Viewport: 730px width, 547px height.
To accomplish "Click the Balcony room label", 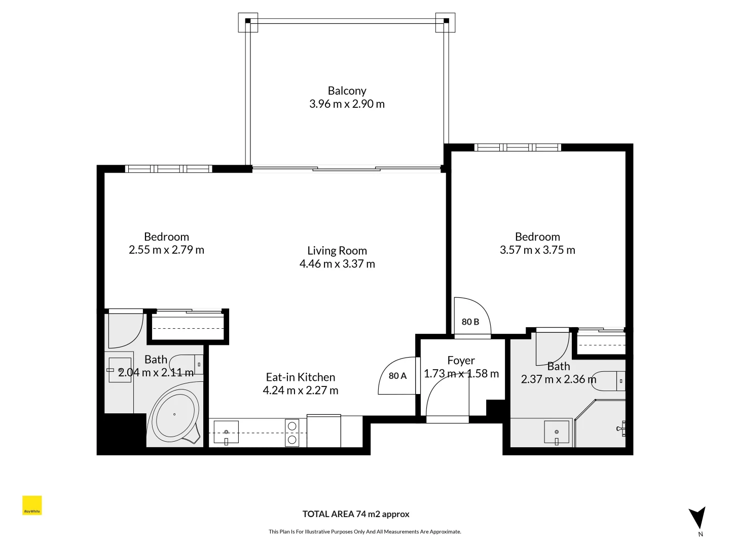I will (x=347, y=91).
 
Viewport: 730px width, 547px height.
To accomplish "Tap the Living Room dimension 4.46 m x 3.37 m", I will (x=337, y=264).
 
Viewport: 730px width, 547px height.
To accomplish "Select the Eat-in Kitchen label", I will (x=300, y=377).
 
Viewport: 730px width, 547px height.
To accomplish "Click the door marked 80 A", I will (x=397, y=376).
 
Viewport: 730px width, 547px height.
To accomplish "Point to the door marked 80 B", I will (x=470, y=321).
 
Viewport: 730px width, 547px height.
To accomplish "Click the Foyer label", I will (x=461, y=361).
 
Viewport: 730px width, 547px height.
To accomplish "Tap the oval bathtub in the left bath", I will (x=174, y=415).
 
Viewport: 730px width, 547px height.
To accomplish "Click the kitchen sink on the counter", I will (x=226, y=433).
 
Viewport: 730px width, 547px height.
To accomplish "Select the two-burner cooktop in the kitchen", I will (x=292, y=433).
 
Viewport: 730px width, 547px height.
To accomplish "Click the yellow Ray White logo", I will (x=32, y=505).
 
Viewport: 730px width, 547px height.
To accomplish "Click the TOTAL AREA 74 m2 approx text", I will (x=356, y=514).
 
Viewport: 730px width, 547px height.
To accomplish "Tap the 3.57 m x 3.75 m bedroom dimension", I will (x=537, y=250).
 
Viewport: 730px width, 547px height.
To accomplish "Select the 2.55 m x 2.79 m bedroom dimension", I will (x=166, y=250).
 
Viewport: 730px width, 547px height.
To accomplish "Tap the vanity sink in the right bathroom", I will (x=557, y=432).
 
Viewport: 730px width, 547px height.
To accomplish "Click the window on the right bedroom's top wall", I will (x=518, y=147).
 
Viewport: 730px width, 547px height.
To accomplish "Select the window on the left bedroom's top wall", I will (x=169, y=169).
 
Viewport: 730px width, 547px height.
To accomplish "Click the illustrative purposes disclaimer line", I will (x=364, y=532).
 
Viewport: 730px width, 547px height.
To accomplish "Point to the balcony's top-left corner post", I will (x=248, y=21).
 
